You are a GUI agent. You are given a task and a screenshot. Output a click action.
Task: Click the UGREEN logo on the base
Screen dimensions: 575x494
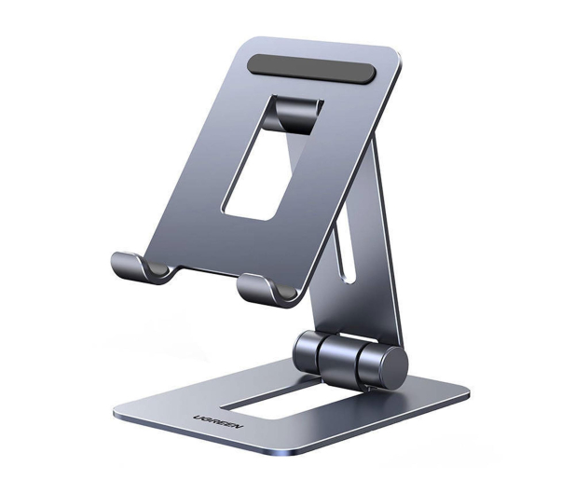pyautogui.click(x=218, y=422)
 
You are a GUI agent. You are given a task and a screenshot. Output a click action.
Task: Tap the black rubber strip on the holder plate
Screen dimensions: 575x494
pyautogui.click(x=312, y=69)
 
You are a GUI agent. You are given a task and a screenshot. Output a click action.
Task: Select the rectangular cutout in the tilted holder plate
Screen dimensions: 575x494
pyautogui.click(x=273, y=158)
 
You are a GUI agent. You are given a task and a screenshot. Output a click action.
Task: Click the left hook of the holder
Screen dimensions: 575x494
pyautogui.click(x=140, y=269)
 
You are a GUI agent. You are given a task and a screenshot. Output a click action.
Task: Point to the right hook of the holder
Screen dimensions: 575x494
pyautogui.click(x=267, y=291)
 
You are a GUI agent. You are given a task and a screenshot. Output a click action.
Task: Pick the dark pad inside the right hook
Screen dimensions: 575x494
pyautogui.click(x=286, y=292)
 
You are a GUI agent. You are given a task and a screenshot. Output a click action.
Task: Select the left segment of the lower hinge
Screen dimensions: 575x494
pyautogui.click(x=307, y=351)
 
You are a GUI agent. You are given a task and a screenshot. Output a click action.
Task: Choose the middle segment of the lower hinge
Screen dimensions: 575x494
pyautogui.click(x=339, y=360)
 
